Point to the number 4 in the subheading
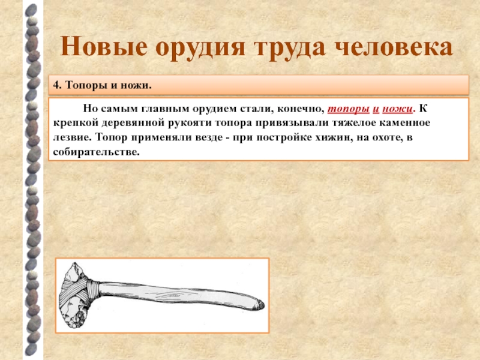pos(56,85)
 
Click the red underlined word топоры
pos(349,109)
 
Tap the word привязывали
pos(281,123)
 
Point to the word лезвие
pos(72,137)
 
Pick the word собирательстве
pos(96,152)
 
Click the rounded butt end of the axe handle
pos(260,305)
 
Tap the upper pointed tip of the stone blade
pos(74,264)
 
